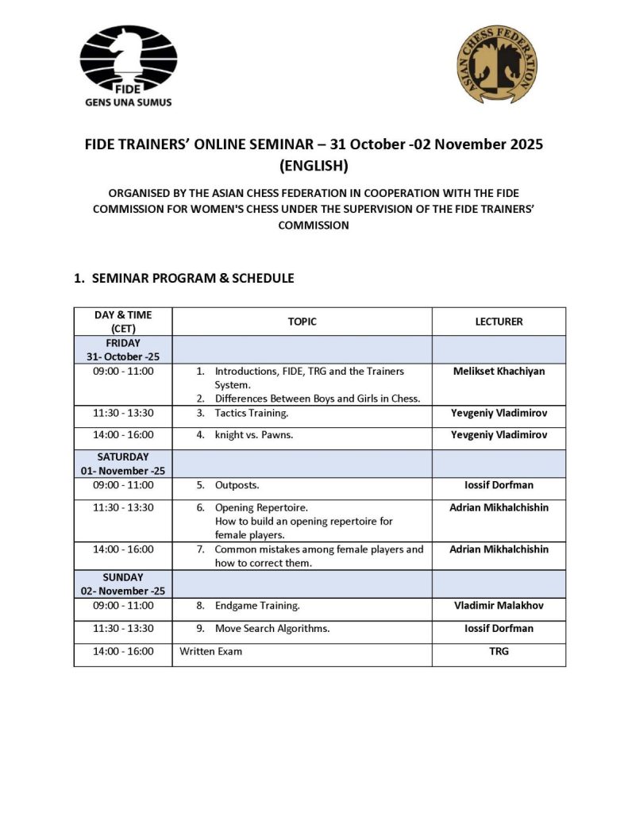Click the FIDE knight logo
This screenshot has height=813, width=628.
coord(128,60)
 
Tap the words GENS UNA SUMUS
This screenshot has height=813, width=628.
coord(128,102)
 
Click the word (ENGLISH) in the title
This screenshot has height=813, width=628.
coord(314,167)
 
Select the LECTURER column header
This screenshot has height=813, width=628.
coord(499,322)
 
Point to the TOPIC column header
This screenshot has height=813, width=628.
coord(302,322)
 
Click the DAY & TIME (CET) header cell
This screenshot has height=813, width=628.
coord(123,322)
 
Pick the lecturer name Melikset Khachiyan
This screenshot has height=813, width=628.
coord(499,371)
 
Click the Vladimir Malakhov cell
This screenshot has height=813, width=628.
coord(499,606)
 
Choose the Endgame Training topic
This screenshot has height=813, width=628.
coord(257,606)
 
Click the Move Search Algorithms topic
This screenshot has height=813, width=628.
coord(272,629)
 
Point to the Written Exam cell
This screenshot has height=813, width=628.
coord(211,652)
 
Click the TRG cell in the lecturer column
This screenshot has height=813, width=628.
coord(499,652)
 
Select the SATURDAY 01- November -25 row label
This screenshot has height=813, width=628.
coord(123,464)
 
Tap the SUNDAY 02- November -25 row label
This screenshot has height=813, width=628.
coord(123,584)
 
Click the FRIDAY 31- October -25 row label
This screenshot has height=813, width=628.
coord(123,349)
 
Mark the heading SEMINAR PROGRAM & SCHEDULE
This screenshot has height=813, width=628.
coord(193,279)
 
